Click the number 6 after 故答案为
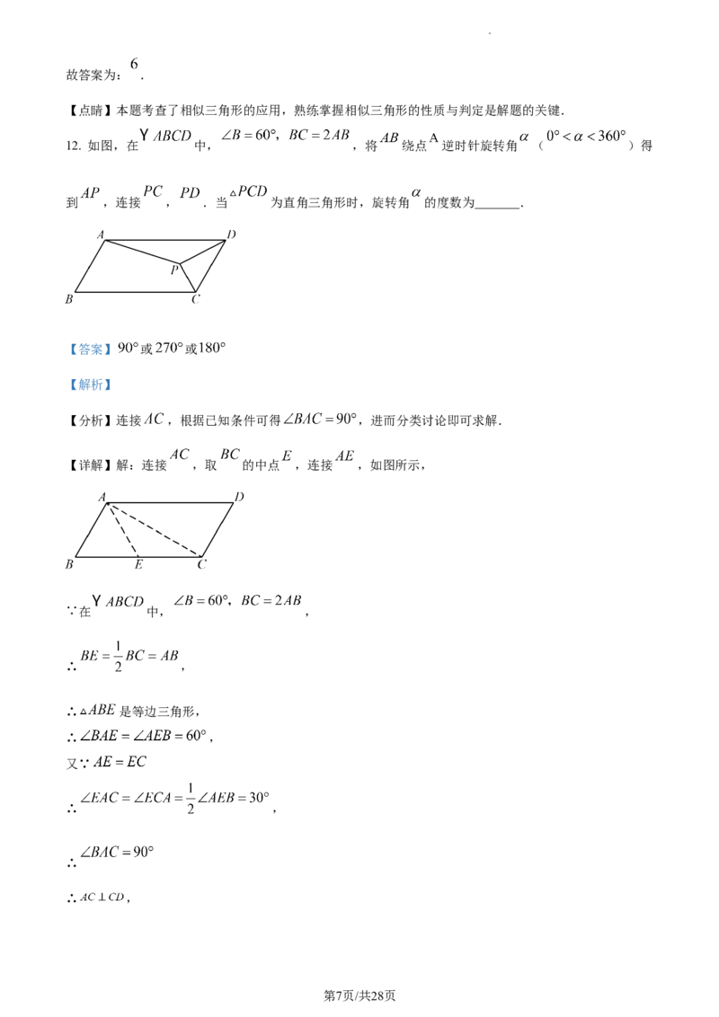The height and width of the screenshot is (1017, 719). (134, 64)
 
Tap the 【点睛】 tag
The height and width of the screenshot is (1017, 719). (90, 111)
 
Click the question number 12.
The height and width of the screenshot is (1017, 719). (73, 146)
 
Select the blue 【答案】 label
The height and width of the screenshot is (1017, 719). (90, 349)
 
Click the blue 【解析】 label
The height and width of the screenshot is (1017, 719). (90, 385)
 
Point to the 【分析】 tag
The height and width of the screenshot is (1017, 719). (90, 421)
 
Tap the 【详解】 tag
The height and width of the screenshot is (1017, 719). (90, 465)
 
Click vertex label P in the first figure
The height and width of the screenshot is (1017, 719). (174, 270)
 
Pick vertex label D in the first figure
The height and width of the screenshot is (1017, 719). (232, 234)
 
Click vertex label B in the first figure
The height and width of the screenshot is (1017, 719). (69, 299)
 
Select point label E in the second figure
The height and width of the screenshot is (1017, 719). (138, 565)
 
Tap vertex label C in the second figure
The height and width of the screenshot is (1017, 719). (202, 565)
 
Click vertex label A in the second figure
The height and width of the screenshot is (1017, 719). (102, 498)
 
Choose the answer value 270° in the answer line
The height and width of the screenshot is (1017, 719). (169, 349)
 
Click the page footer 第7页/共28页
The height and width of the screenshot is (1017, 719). (359, 995)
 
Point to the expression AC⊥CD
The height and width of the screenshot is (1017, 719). (102, 898)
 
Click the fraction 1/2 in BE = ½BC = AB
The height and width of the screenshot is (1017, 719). (118, 657)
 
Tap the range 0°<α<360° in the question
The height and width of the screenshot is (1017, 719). (586, 137)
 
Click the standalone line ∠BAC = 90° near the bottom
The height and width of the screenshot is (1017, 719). (117, 853)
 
